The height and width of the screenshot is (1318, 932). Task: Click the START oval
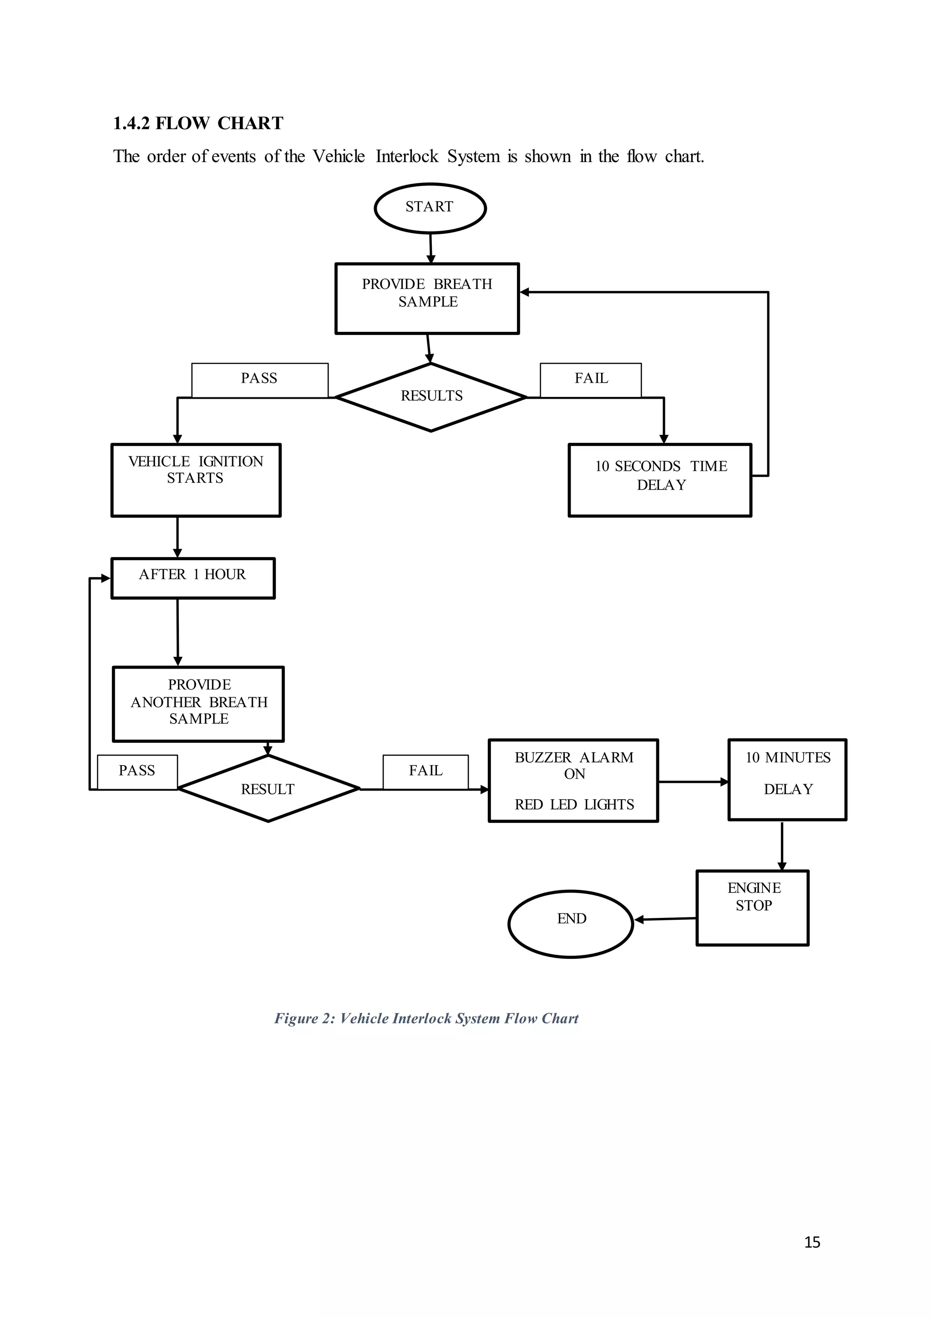(430, 208)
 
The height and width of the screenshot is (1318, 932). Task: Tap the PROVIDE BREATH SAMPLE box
(427, 299)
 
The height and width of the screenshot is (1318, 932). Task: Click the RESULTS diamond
(431, 397)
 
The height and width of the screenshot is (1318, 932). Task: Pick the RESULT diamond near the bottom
(268, 789)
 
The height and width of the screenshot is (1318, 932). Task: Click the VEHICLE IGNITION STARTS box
(196, 480)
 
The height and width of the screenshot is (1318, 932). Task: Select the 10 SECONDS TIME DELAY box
(660, 480)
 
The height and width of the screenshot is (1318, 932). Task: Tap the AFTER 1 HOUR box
(193, 578)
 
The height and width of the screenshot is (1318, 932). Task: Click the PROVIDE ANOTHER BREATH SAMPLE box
(198, 704)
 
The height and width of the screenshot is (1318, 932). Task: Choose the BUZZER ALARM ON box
(573, 781)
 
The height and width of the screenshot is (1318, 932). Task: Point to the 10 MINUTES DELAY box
(787, 780)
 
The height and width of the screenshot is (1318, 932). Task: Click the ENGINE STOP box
(752, 907)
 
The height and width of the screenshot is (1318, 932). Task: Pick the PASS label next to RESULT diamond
(137, 771)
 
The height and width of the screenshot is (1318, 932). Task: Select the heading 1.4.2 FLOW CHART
(198, 123)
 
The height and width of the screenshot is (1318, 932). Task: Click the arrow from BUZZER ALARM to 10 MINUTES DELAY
(693, 782)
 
